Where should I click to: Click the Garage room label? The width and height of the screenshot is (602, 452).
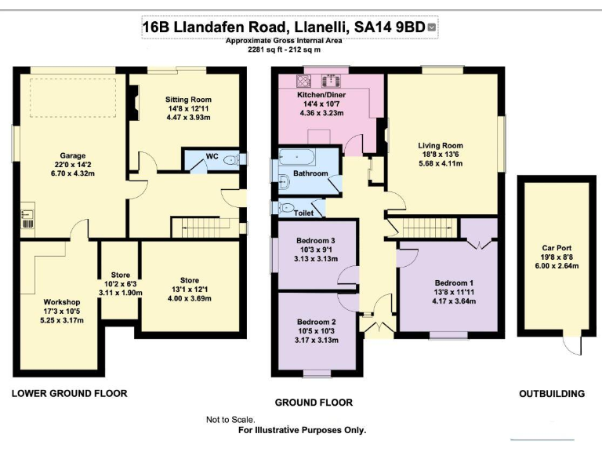click(x=73, y=155)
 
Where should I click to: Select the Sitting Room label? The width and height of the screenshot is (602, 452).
click(x=188, y=100)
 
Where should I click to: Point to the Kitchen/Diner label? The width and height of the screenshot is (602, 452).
click(x=321, y=94)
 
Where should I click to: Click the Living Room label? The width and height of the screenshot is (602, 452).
click(x=441, y=145)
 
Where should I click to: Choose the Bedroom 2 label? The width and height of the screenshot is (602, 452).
click(x=317, y=322)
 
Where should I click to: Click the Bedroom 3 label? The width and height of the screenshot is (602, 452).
click(x=317, y=241)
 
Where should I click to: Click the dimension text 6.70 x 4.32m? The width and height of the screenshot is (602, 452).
click(x=73, y=174)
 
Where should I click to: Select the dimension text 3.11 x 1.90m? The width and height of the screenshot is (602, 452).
click(x=120, y=292)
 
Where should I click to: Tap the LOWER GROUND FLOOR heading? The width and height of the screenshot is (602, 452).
click(x=69, y=392)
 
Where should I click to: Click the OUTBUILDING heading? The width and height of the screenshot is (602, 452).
click(x=552, y=393)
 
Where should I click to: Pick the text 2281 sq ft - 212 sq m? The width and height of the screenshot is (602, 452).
click(x=284, y=49)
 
